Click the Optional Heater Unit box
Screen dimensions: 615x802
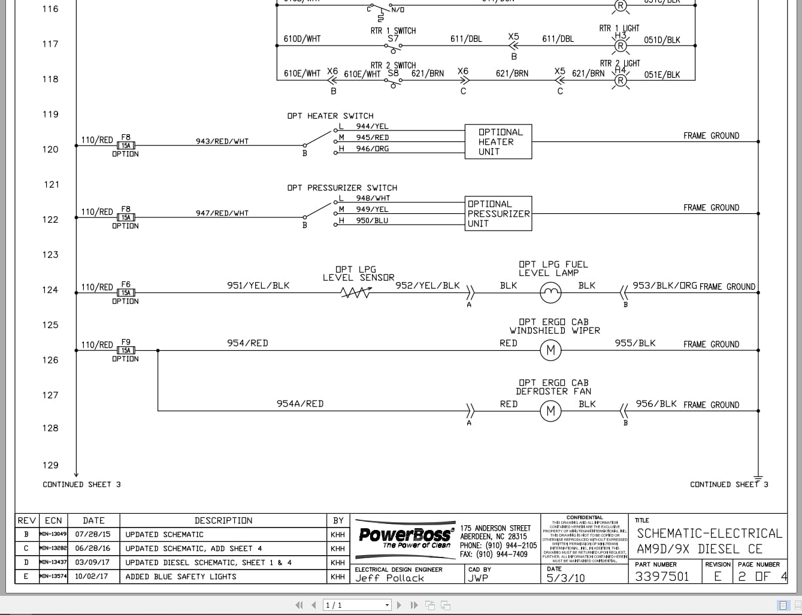[x=498, y=142]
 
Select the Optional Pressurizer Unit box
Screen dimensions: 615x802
[x=498, y=214]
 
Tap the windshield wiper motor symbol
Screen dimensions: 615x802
[x=551, y=350]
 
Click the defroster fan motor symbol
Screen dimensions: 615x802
[x=551, y=411]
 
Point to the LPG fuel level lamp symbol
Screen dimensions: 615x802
[x=551, y=293]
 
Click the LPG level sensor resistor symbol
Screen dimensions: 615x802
[x=356, y=293]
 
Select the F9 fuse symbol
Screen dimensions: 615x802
[x=126, y=350]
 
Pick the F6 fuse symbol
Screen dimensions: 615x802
[x=126, y=293]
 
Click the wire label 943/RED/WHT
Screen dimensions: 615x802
[x=222, y=141]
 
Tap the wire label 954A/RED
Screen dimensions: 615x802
[x=299, y=404]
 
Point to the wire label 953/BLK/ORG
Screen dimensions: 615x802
[x=664, y=286]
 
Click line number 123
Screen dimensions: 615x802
[x=50, y=255]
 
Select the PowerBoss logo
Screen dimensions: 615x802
[x=405, y=534]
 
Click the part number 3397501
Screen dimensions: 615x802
[x=662, y=577]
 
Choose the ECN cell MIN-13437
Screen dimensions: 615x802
[x=53, y=563]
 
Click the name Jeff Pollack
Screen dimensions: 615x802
[x=389, y=578]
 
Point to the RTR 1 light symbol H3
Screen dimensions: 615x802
[x=621, y=46]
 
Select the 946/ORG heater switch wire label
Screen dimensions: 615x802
[x=373, y=149]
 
